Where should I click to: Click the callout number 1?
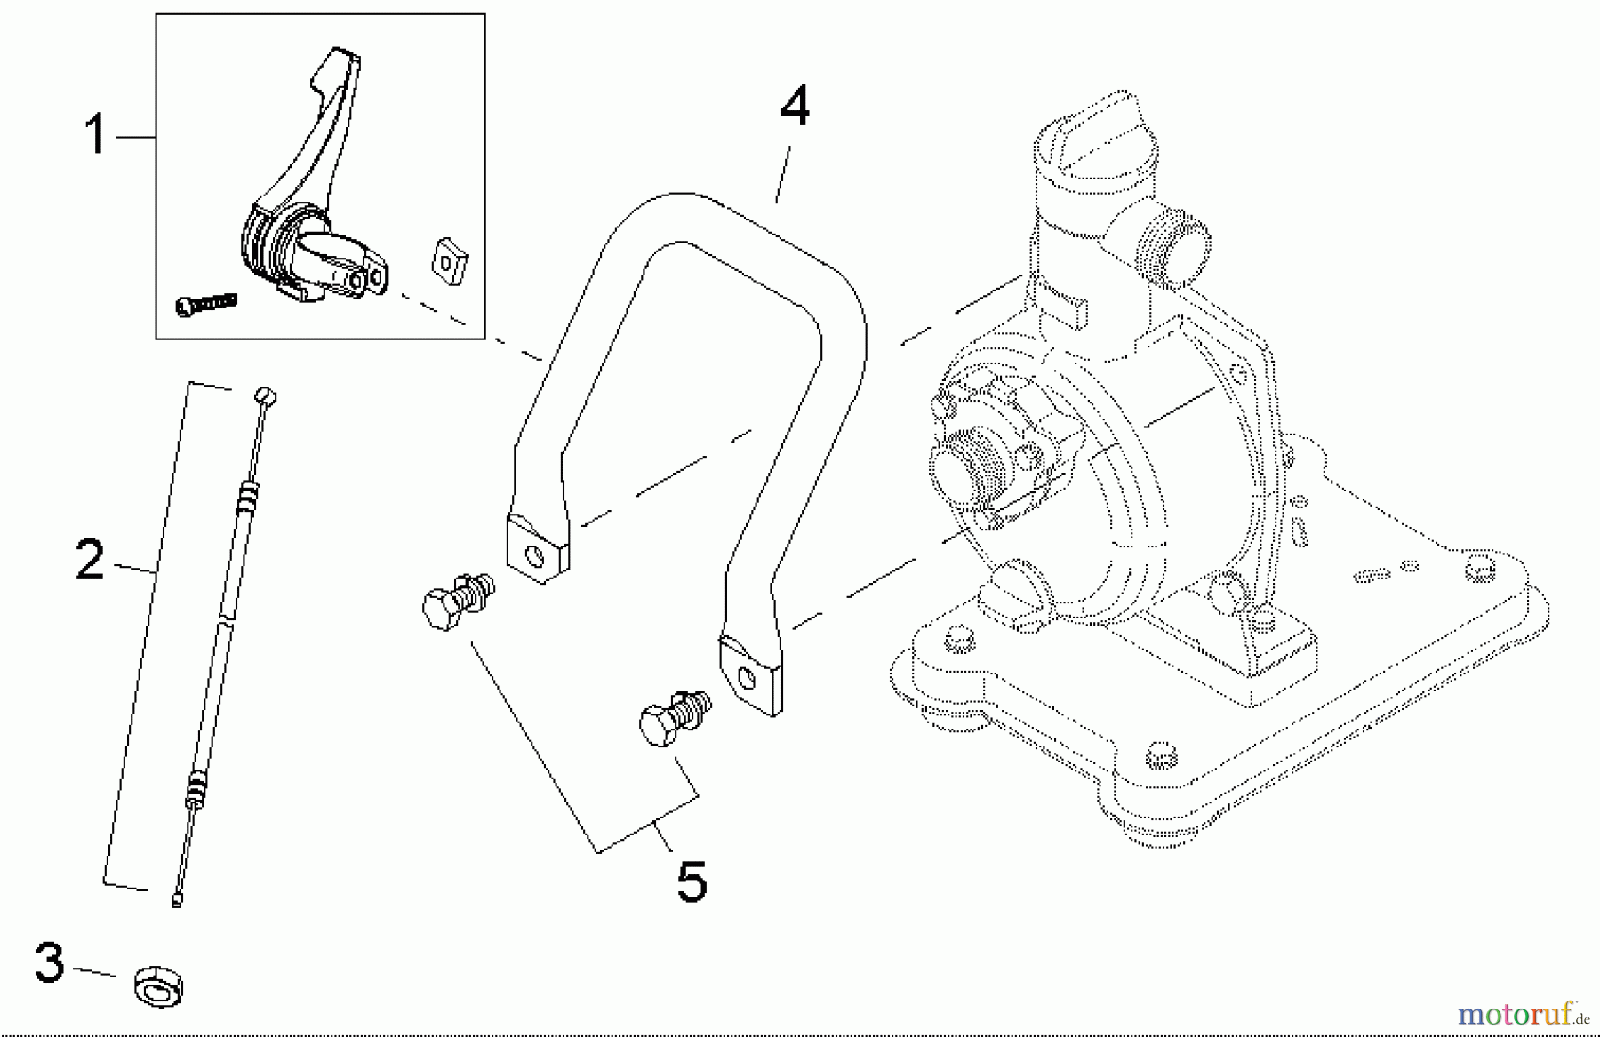pos(95,137)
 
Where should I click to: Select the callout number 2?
pos(90,560)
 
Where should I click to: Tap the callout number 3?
pos(50,964)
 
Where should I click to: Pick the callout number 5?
pos(692,882)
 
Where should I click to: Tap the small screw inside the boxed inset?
pos(206,303)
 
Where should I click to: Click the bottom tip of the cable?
pos(177,901)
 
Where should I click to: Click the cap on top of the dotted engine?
pos(1097,142)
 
